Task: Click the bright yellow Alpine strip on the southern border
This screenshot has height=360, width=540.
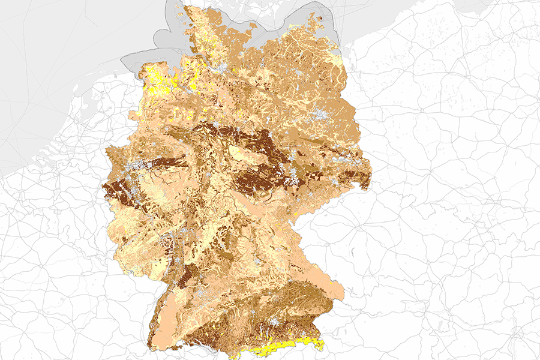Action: [x=288, y=347]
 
